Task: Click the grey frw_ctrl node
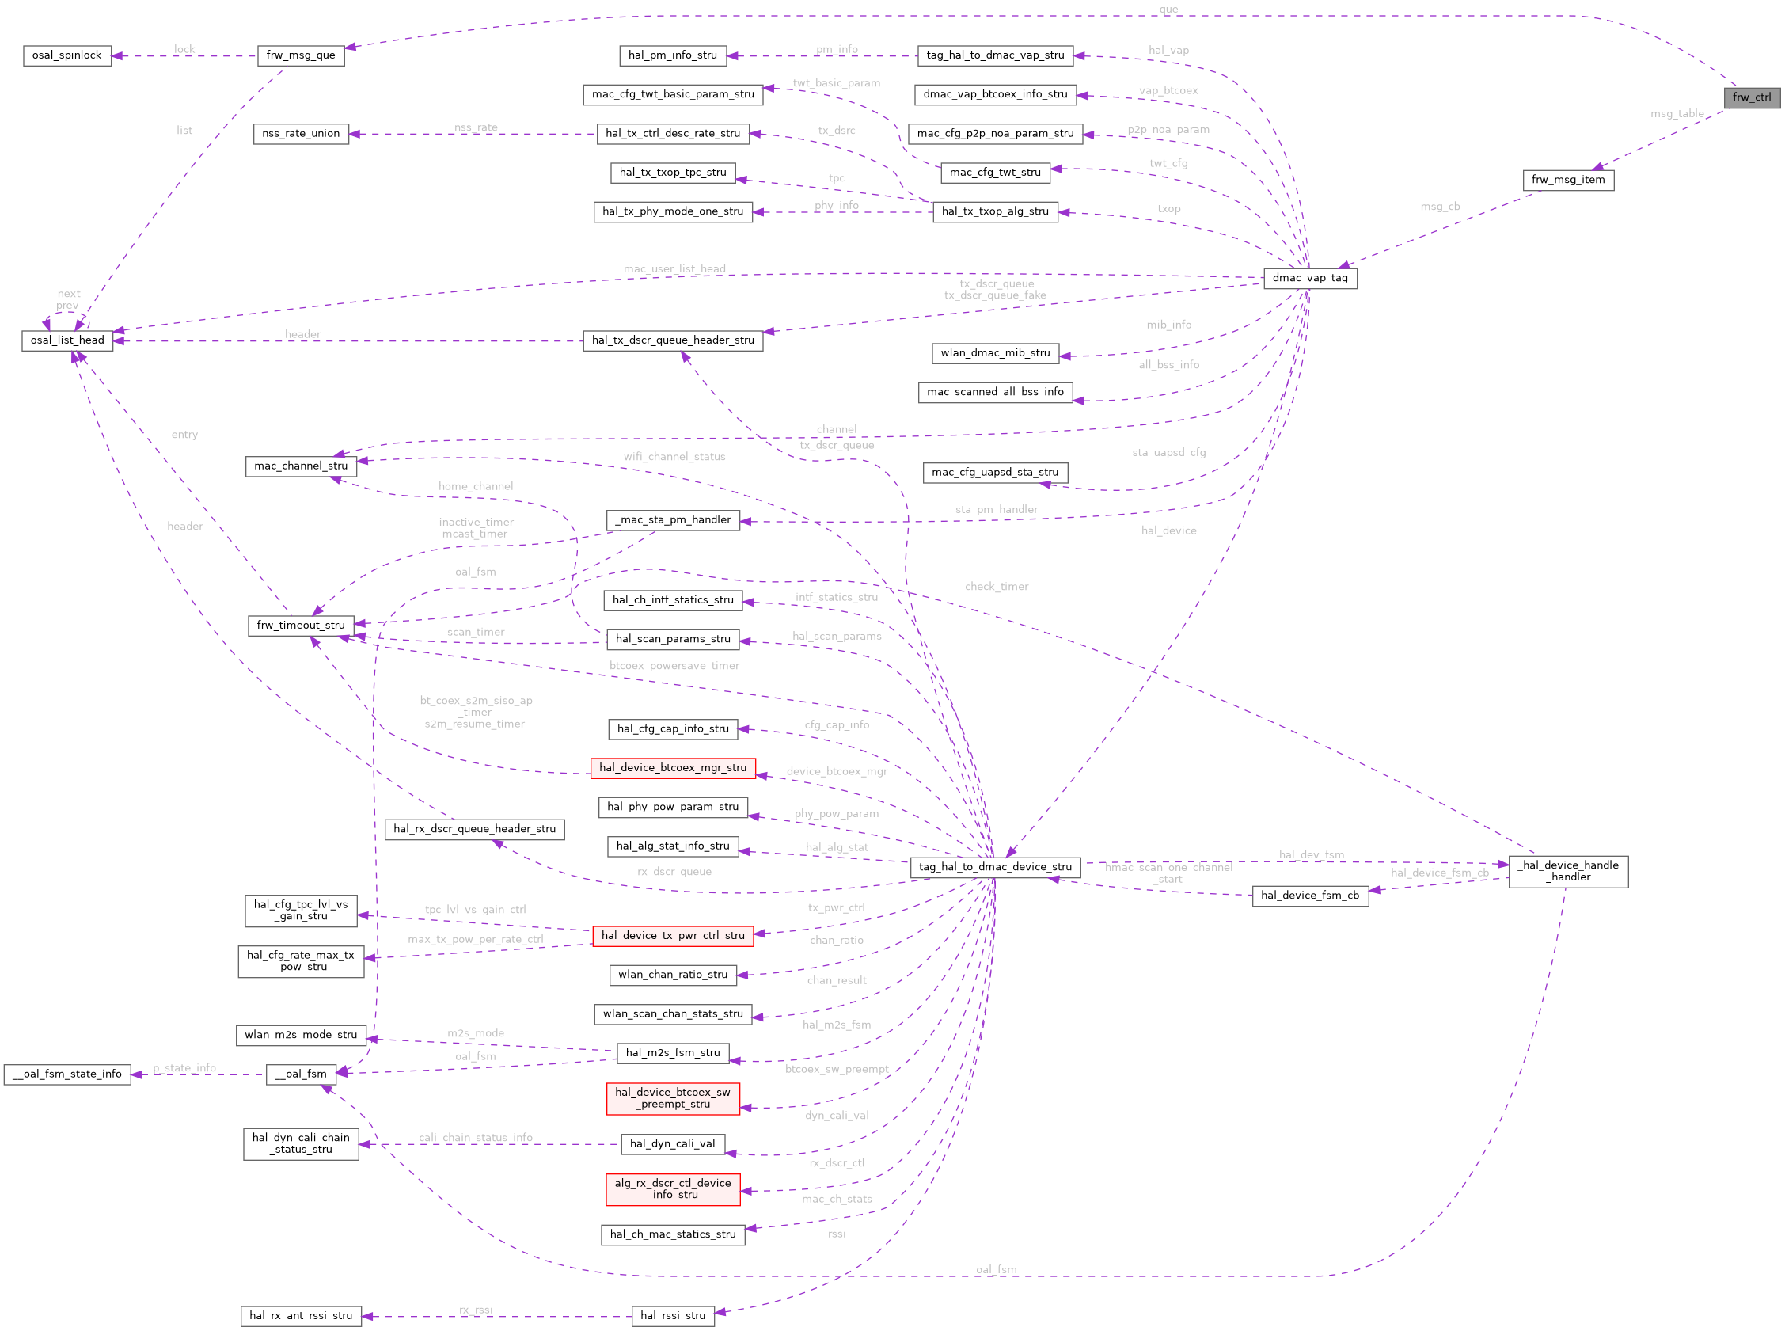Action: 1751,97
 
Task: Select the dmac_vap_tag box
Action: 1310,278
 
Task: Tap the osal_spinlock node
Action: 66,55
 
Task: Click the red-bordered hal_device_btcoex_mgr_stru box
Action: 673,768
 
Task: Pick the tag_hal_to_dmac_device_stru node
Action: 995,867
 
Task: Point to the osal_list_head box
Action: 67,340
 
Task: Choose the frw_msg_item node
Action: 1567,180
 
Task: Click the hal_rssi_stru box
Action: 673,1316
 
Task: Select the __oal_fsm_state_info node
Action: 66,1074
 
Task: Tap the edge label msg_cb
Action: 1439,207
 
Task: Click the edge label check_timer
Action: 997,587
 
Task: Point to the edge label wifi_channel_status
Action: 674,457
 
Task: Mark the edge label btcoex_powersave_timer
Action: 674,665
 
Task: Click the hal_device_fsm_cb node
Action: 1310,896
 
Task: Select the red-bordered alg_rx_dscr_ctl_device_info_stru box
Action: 673,1188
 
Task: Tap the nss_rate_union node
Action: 301,134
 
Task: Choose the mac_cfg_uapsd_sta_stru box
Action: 995,472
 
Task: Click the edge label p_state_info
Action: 184,1068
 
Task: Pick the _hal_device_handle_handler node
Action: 1567,871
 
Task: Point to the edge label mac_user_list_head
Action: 674,269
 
